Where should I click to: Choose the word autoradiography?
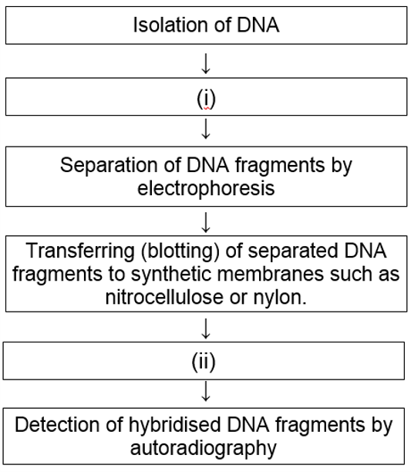pos(205,446)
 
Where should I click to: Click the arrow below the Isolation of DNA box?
pos(205,64)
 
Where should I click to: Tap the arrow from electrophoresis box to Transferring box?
pos(205,224)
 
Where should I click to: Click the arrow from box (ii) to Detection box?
pos(205,394)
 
